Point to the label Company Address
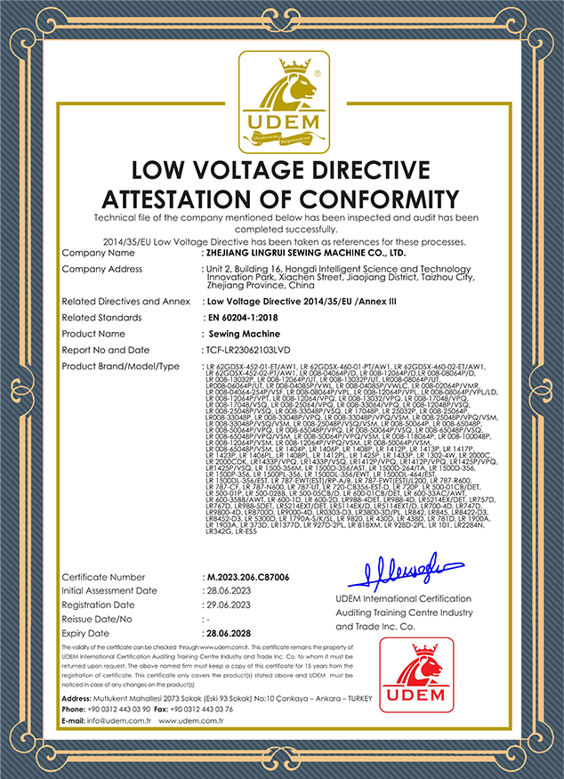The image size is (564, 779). pyautogui.click(x=102, y=269)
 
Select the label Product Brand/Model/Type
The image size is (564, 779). pyautogui.click(x=121, y=366)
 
